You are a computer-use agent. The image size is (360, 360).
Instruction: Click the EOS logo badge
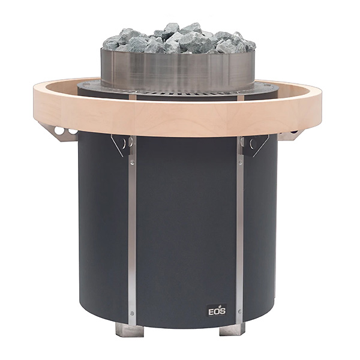pos(217,311)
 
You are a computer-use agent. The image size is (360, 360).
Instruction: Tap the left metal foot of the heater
pos(129,329)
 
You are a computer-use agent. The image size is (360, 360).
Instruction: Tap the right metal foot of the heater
pos(232,329)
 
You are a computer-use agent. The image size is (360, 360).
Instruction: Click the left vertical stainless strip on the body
pos(132,230)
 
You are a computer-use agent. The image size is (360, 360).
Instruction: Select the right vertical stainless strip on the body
pos(239,230)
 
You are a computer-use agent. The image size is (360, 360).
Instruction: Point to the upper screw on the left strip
pos(132,163)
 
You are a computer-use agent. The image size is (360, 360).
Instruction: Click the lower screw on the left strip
pos(132,313)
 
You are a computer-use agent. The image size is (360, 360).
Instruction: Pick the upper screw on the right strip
pos(240,163)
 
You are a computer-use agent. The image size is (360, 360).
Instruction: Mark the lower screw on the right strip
pos(239,311)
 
